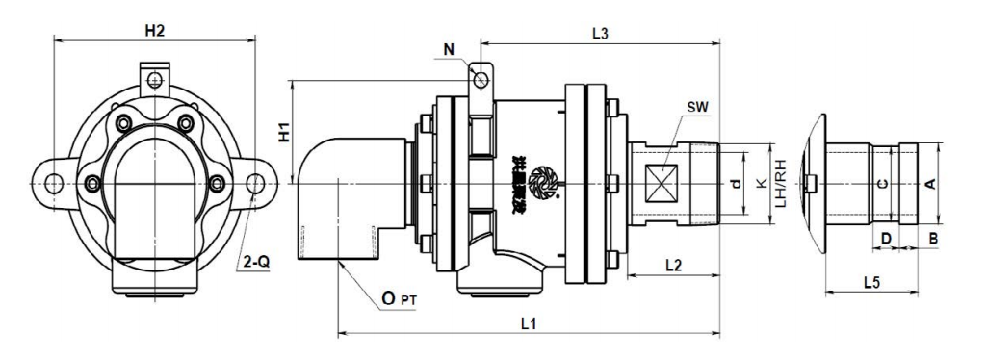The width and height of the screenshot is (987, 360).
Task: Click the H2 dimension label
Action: pos(154,31)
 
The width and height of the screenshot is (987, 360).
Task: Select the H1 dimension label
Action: pos(284,134)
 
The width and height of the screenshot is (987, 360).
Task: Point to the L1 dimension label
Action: pos(528,323)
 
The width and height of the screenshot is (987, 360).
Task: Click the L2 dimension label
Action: pos(673,262)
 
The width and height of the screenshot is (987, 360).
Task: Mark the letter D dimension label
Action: pos(885,236)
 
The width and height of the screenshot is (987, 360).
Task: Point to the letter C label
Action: pos(884,183)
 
